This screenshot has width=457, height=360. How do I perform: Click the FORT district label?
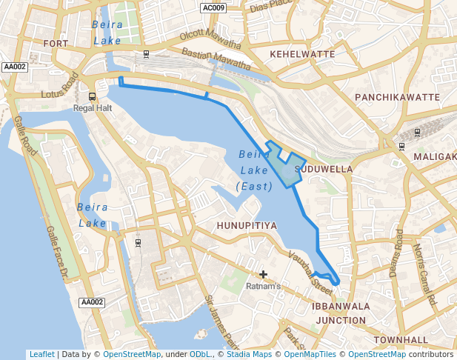tap(56, 44)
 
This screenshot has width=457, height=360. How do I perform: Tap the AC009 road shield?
tap(213, 8)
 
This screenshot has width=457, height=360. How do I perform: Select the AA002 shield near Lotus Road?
tap(15, 67)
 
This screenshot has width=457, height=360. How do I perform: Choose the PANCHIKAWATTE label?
tap(398, 98)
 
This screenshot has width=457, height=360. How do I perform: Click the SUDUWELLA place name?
tap(324, 169)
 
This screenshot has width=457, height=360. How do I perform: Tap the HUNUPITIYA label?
tap(247, 225)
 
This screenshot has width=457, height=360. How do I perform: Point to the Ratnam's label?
tap(264, 286)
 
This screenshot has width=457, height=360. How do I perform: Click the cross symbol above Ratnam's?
tap(263, 275)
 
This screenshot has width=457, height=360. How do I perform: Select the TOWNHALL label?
tap(401, 340)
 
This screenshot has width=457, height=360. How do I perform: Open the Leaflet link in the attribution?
tap(41, 355)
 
